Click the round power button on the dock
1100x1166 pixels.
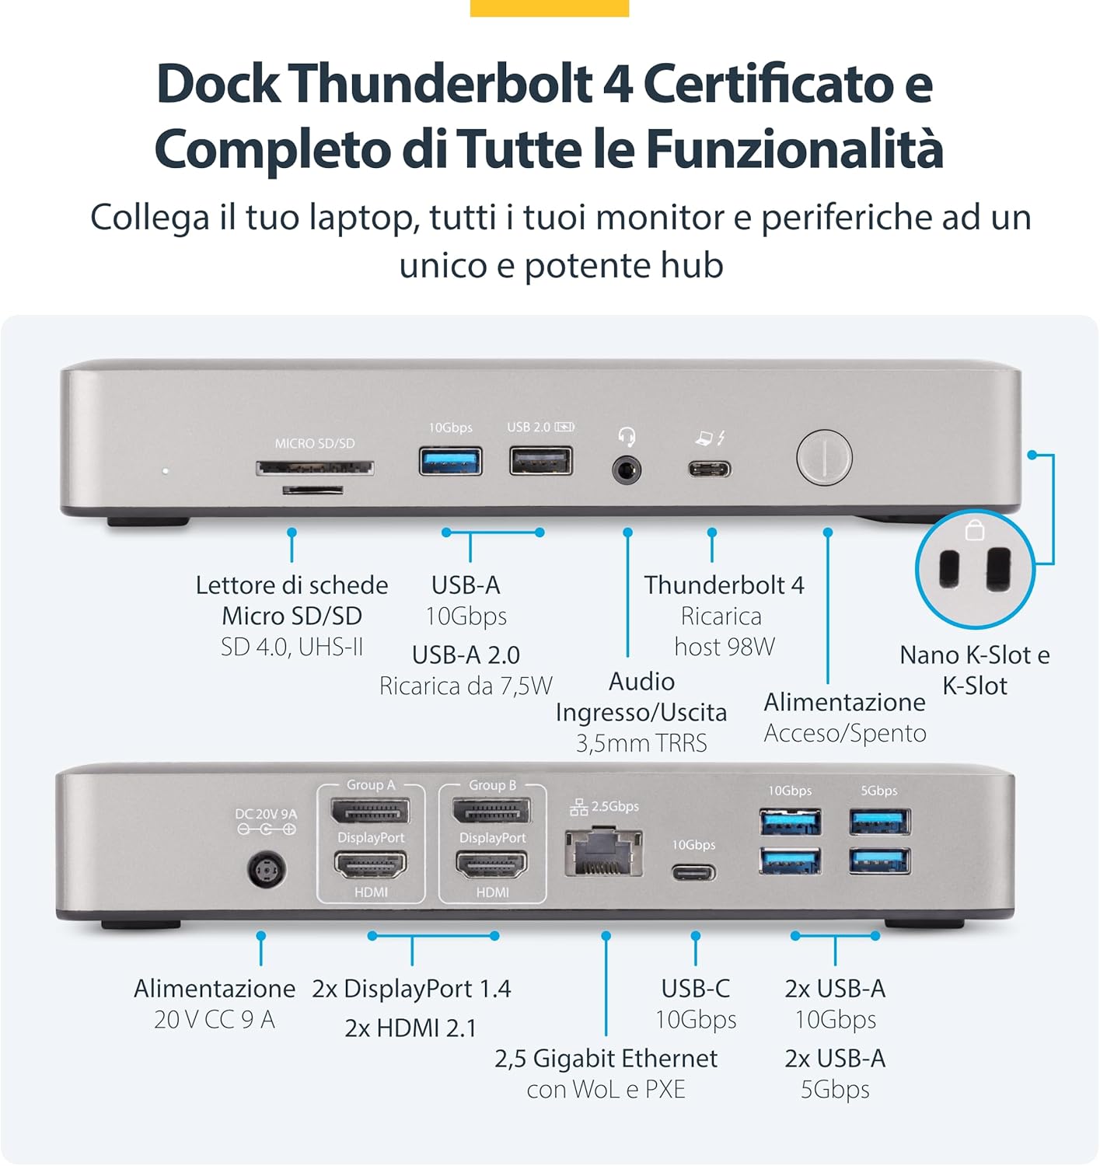[824, 458]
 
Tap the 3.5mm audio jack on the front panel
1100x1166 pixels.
[627, 470]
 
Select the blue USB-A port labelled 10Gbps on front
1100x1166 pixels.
[450, 461]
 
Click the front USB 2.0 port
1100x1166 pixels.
[541, 461]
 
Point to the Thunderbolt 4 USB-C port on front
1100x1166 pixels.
[709, 470]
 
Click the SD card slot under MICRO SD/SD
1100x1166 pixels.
[315, 468]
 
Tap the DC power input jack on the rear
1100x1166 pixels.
[267, 870]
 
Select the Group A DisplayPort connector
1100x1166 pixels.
[371, 812]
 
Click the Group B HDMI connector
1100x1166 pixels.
[492, 865]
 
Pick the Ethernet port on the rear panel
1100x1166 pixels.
[604, 854]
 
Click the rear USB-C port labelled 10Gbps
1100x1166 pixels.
[694, 871]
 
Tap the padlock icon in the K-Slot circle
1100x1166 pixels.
[975, 531]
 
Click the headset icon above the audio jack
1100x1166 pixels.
[627, 436]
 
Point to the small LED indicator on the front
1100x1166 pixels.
[165, 471]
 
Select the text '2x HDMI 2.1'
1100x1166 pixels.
[410, 1028]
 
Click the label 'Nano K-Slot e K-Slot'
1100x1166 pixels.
[974, 670]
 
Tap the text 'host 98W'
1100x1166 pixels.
[725, 647]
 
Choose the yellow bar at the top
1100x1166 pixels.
[550, 8]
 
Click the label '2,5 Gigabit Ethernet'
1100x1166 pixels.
[606, 1059]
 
